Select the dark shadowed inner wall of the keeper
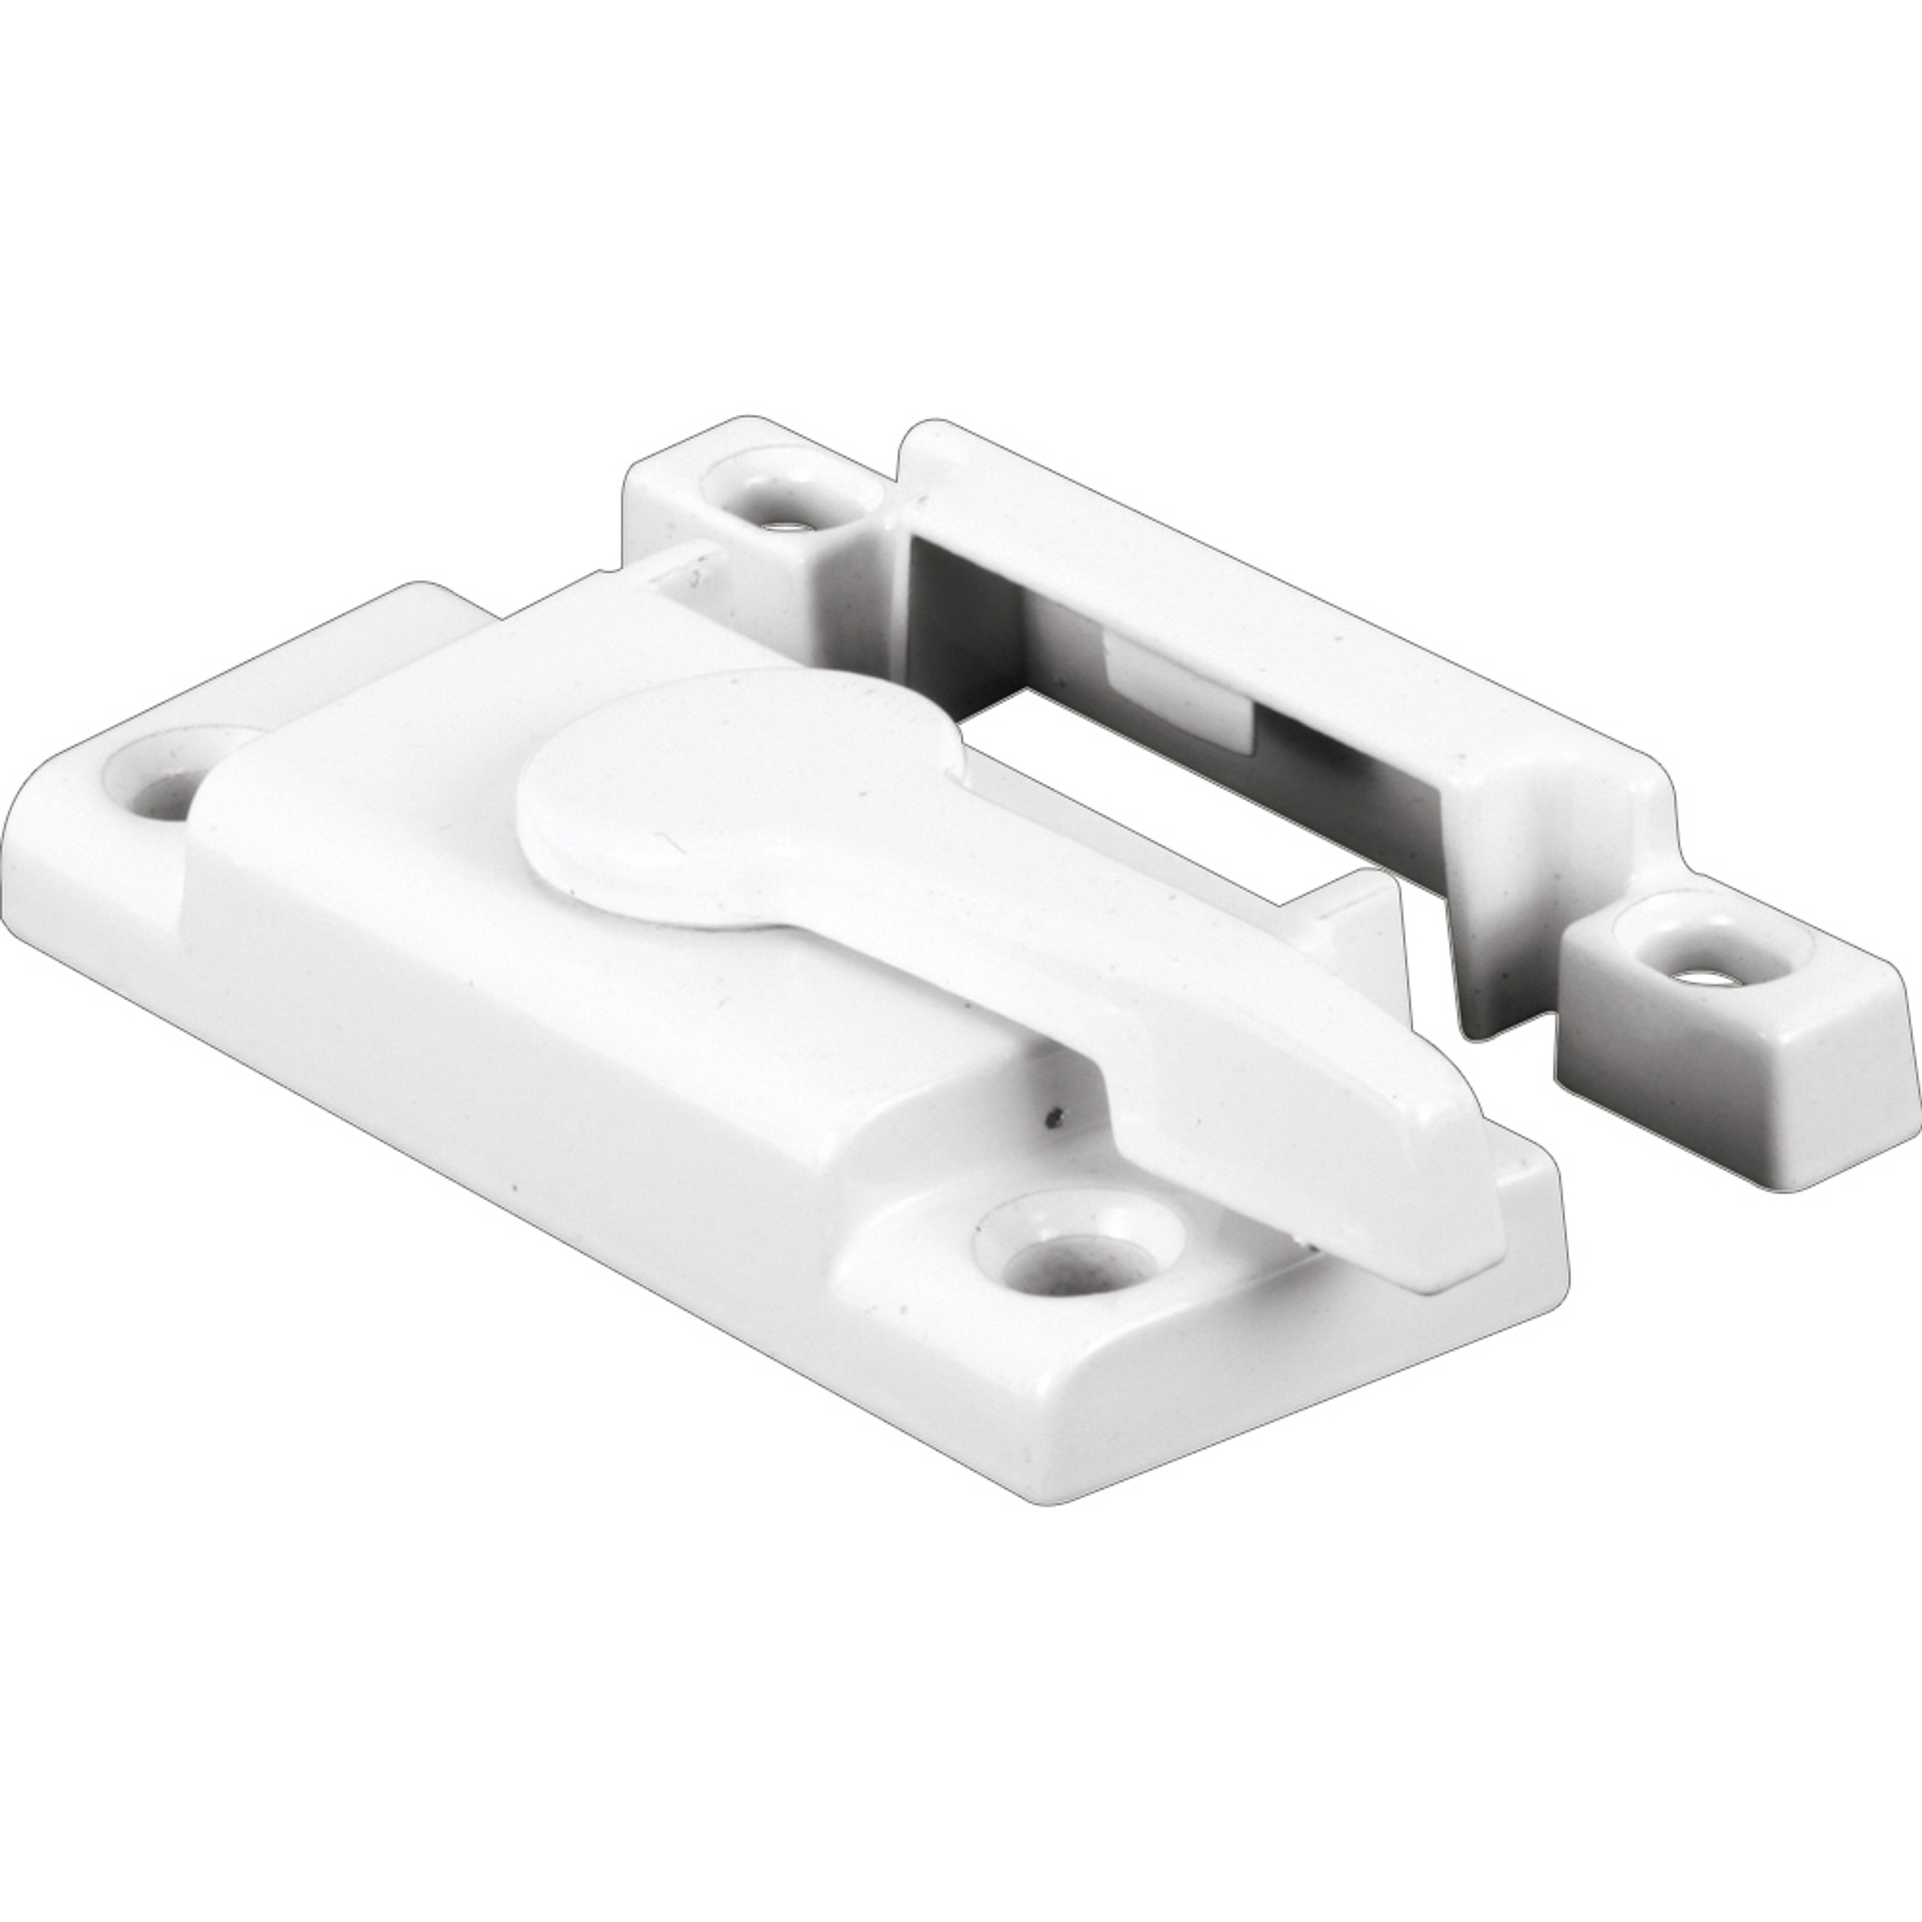(x=955, y=617)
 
